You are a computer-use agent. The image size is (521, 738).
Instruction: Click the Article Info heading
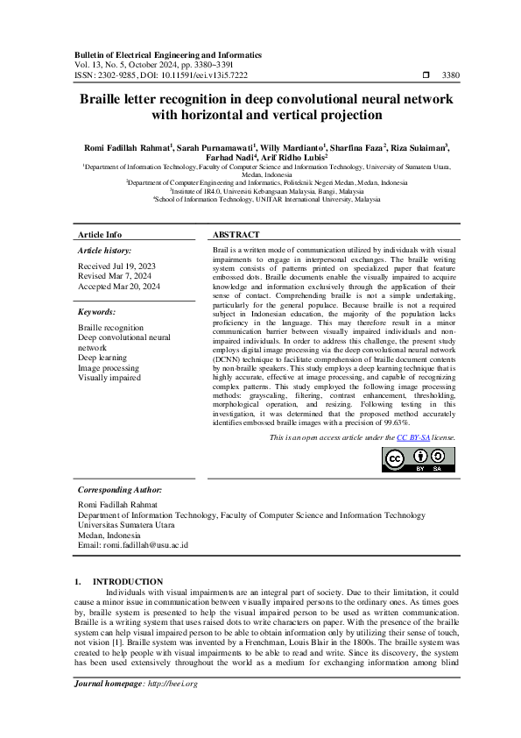[100, 236]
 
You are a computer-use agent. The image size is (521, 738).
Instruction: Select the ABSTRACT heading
[236, 236]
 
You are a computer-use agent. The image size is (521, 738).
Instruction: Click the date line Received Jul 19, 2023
[117, 266]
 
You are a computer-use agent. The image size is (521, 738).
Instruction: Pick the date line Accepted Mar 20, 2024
[119, 287]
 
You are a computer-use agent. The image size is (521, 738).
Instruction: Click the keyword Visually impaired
[109, 379]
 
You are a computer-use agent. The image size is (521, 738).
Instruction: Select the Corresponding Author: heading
[119, 490]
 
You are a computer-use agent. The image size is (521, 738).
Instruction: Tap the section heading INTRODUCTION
[128, 582]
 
